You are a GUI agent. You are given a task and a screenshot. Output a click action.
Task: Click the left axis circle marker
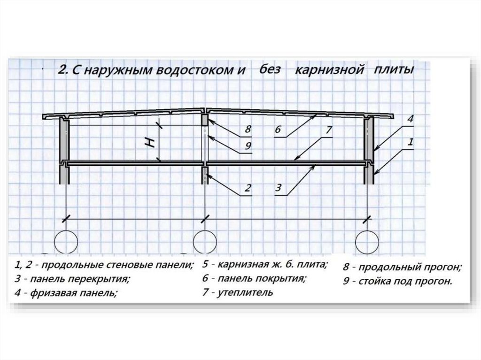(x=66, y=230)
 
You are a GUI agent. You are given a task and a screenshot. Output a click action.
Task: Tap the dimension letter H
(x=150, y=142)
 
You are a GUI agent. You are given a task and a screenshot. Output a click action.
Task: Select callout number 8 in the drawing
(x=248, y=130)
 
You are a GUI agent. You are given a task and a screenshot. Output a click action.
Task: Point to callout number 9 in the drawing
(x=248, y=146)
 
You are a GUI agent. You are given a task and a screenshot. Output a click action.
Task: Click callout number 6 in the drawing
(x=278, y=130)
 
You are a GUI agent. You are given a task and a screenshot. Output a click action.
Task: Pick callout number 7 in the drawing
(x=328, y=130)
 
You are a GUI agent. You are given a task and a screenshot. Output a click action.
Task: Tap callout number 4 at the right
(x=411, y=119)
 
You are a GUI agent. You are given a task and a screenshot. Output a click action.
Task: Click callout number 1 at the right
(x=411, y=142)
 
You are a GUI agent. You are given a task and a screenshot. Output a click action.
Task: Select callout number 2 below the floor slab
(x=248, y=187)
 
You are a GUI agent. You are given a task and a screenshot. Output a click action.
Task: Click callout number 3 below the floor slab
(x=278, y=187)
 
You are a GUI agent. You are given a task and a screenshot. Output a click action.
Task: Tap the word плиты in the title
(x=394, y=70)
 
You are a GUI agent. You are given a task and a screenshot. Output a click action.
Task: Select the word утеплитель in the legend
(x=245, y=292)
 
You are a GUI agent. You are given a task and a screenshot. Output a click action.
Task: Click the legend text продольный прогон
(x=409, y=268)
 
